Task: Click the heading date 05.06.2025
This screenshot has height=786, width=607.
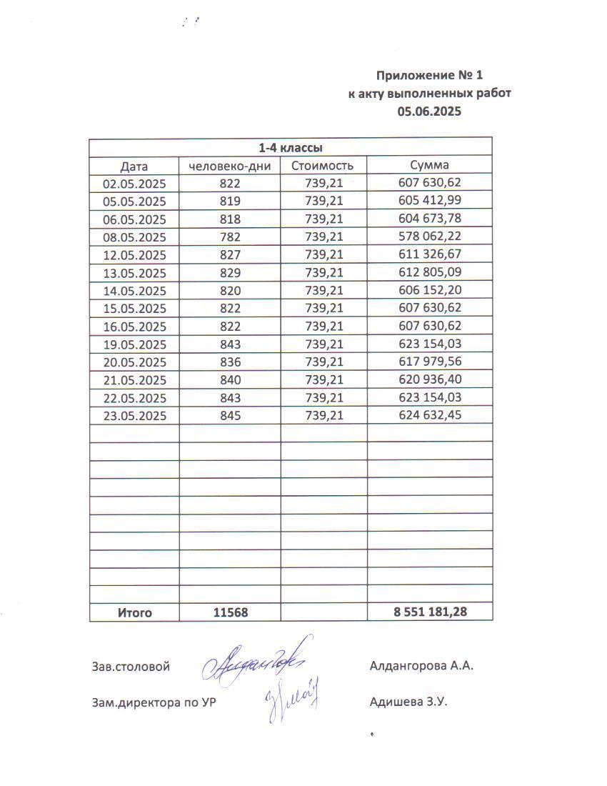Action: (430, 111)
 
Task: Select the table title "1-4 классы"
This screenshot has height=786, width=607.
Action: (290, 148)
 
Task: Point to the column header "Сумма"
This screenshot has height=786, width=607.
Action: (429, 166)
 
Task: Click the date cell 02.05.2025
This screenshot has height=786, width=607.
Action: (134, 184)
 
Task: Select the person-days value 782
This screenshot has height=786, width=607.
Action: (230, 237)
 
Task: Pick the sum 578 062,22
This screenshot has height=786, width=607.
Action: (429, 237)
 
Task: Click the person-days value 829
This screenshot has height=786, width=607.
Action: (230, 273)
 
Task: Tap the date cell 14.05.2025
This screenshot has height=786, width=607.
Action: (134, 291)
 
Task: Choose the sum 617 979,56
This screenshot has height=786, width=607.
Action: (429, 362)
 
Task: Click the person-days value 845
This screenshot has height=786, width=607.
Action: (230, 416)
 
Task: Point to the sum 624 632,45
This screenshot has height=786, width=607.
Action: (429, 416)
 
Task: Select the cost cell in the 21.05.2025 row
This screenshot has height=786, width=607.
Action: (323, 380)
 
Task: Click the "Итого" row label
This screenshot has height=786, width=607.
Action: (134, 613)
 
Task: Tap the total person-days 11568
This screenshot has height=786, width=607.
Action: (230, 613)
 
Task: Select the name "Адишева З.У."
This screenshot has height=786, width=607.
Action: (408, 702)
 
